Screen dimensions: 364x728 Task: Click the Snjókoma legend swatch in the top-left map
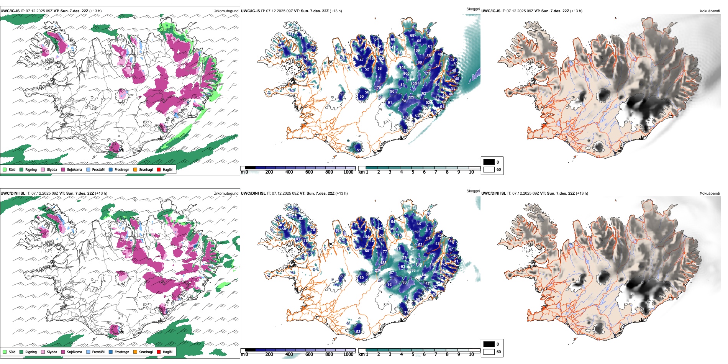pos(63,169)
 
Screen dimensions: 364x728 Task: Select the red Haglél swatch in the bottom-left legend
pos(159,352)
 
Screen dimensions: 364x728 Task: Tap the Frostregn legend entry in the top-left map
pos(111,169)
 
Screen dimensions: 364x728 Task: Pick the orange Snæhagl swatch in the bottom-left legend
pos(135,352)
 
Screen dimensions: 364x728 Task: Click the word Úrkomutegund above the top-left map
pos(226,11)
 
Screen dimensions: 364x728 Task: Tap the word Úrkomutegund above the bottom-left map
pos(226,193)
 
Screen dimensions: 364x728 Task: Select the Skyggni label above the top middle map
pos(473,9)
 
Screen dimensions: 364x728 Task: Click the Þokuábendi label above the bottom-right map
pos(710,193)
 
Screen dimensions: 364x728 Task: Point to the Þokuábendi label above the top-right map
pos(710,11)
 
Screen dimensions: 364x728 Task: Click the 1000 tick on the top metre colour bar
pos(348,172)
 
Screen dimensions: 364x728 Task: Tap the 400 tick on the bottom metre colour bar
pos(289,354)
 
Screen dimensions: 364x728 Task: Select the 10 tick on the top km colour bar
pos(471,172)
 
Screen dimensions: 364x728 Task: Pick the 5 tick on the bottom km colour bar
pos(413,354)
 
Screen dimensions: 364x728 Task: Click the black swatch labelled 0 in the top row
pos(489,162)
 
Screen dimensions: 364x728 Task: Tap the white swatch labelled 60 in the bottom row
pos(489,352)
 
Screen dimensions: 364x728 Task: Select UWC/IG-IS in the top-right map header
pos(491,11)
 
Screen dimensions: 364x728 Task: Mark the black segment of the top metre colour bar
pos(250,168)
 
